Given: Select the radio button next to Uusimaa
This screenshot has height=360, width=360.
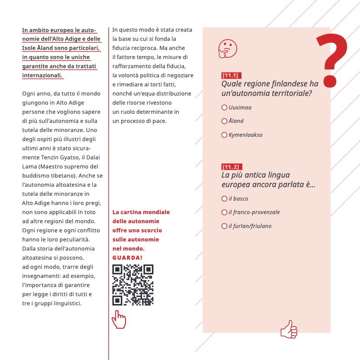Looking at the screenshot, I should pos(224,107).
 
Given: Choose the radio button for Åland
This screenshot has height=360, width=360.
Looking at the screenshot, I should pos(224,121).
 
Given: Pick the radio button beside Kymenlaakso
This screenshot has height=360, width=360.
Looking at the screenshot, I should pos(224,135).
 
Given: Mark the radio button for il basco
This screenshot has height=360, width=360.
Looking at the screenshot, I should pos(224,198).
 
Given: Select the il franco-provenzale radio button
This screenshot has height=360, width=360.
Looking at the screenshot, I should pos(224,212).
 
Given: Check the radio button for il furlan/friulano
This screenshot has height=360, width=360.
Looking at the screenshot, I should pos(224,226).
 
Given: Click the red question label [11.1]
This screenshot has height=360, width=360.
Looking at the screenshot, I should pos(231,75).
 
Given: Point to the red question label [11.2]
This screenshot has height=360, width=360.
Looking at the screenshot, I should pos(231,167).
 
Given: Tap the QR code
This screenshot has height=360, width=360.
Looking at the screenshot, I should pos(132,285).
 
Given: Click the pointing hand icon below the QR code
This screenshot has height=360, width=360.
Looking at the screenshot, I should pos(118,320).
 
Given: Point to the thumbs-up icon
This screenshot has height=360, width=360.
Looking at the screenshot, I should pos(289,329).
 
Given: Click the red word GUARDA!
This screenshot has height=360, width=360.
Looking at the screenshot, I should pos(127,258).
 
